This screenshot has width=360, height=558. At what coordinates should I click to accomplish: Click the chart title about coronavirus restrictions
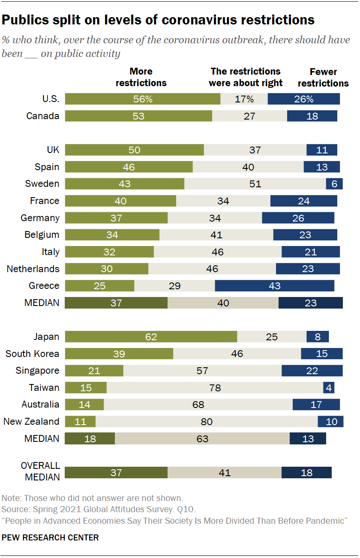[158, 20]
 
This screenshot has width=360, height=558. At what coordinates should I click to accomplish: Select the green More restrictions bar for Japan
[151, 337]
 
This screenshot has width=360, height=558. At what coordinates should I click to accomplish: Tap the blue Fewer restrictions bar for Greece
[274, 286]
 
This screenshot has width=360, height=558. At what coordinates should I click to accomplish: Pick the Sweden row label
[42, 184]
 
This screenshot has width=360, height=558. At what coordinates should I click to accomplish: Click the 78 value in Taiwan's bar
[215, 388]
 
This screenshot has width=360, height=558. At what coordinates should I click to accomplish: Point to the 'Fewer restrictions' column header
[323, 78]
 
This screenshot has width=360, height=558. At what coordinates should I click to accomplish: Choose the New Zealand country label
[31, 422]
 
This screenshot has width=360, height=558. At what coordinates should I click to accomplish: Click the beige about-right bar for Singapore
[202, 371]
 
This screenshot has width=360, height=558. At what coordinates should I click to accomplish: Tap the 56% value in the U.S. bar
[142, 99]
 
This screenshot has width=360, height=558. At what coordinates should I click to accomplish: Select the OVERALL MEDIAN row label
[40, 471]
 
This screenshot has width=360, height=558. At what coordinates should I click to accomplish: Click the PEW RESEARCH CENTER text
[50, 537]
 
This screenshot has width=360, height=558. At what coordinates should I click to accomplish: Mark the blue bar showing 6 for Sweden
[334, 184]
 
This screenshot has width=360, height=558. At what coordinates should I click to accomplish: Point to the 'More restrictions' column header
[141, 77]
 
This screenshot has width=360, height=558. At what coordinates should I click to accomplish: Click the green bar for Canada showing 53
[138, 116]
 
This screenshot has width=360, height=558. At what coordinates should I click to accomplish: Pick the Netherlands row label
[33, 269]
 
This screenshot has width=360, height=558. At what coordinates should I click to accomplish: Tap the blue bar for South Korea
[322, 354]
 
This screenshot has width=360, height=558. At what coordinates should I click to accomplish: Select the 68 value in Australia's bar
[198, 405]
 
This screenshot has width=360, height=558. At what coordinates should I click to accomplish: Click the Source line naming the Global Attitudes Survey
[99, 510]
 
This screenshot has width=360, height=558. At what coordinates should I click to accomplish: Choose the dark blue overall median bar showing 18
[306, 473]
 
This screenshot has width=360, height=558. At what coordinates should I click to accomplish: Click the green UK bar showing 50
[135, 150]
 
